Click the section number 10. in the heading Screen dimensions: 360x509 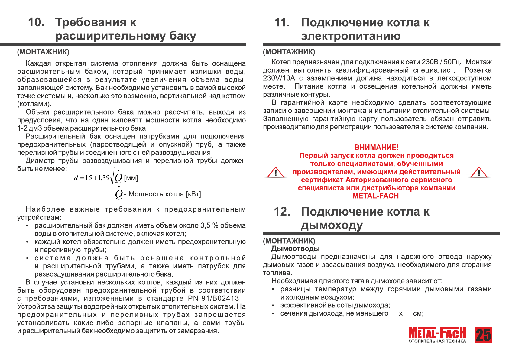point(36,22)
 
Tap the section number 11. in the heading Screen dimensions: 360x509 point(282,22)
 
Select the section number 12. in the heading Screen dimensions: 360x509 point(282,212)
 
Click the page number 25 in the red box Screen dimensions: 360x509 point(483,335)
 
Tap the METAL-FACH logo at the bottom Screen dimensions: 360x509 point(437,334)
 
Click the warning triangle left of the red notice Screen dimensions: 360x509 point(275,173)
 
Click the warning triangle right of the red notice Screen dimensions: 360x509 point(479,173)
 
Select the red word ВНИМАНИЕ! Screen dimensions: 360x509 point(376,147)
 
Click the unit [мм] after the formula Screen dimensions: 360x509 point(131,178)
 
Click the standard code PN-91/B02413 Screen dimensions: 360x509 point(213,298)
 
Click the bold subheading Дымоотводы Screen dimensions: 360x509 point(295,248)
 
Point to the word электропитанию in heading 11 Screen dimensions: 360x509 point(351,36)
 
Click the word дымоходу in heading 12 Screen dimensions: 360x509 point(332,225)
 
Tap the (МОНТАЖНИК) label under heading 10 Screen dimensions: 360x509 point(43,52)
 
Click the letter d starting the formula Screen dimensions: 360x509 point(76,178)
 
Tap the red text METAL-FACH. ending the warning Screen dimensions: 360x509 point(376,196)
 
